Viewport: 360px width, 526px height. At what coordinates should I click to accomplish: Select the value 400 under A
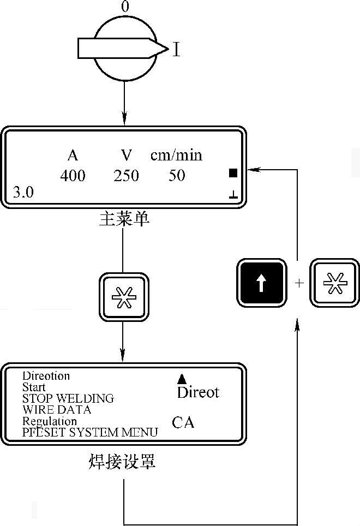(x=73, y=176)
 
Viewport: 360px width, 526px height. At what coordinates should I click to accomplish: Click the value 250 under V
(x=126, y=176)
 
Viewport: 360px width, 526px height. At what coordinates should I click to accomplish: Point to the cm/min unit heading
(x=176, y=156)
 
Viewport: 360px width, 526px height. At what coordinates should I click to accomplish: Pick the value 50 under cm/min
(x=177, y=176)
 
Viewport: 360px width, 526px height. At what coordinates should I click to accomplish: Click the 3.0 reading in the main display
(x=22, y=193)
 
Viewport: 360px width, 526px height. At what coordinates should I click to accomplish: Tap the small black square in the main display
(x=233, y=174)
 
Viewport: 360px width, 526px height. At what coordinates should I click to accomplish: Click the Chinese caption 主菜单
(x=124, y=220)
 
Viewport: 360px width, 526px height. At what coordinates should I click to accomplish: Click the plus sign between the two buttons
(x=298, y=283)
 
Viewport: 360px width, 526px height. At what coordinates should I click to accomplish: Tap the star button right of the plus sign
(x=331, y=283)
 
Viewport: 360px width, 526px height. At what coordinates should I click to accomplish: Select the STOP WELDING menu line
(x=68, y=398)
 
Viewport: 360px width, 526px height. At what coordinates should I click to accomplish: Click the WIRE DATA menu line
(x=57, y=409)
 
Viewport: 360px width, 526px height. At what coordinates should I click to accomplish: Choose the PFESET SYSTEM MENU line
(x=90, y=433)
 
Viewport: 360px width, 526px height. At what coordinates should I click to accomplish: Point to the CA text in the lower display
(x=183, y=422)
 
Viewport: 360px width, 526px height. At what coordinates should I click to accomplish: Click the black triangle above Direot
(x=182, y=379)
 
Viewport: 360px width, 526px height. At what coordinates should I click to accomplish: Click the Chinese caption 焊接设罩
(x=122, y=463)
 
